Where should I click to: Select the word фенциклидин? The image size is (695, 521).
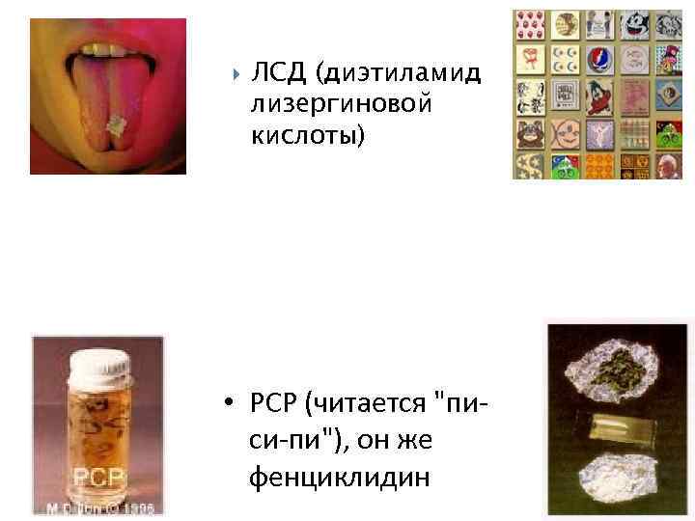pos(338,476)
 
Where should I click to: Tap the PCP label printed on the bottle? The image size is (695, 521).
pos(97,477)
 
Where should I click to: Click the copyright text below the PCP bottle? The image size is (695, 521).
pos(97,507)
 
